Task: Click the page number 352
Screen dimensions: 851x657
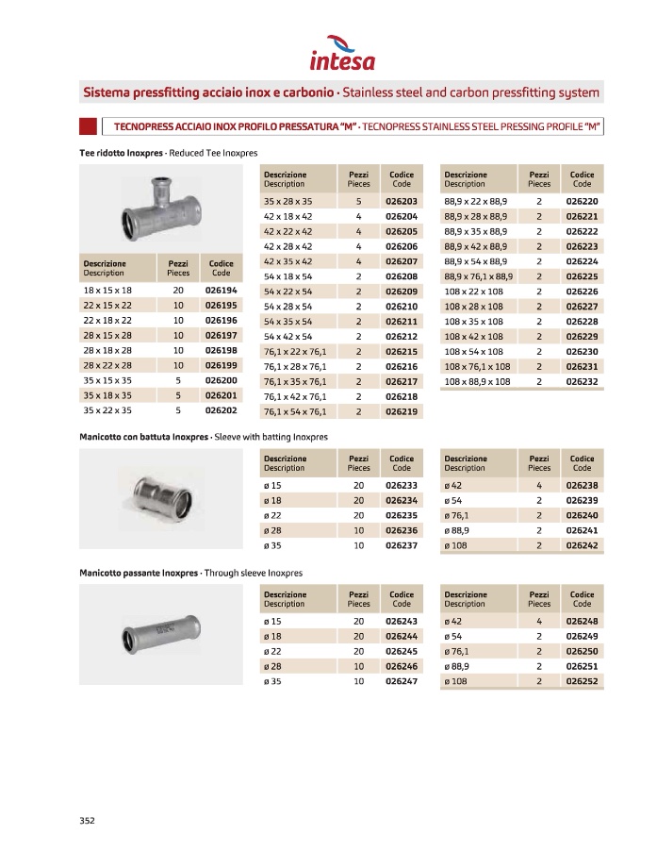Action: (x=87, y=821)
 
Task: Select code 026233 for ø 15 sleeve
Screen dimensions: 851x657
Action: (x=401, y=485)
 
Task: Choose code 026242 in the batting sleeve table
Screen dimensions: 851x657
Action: (x=582, y=545)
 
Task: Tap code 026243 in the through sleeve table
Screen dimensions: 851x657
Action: (x=401, y=622)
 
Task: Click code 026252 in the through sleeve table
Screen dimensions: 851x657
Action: (x=582, y=681)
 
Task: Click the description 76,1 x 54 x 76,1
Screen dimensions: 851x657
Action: (x=295, y=411)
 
